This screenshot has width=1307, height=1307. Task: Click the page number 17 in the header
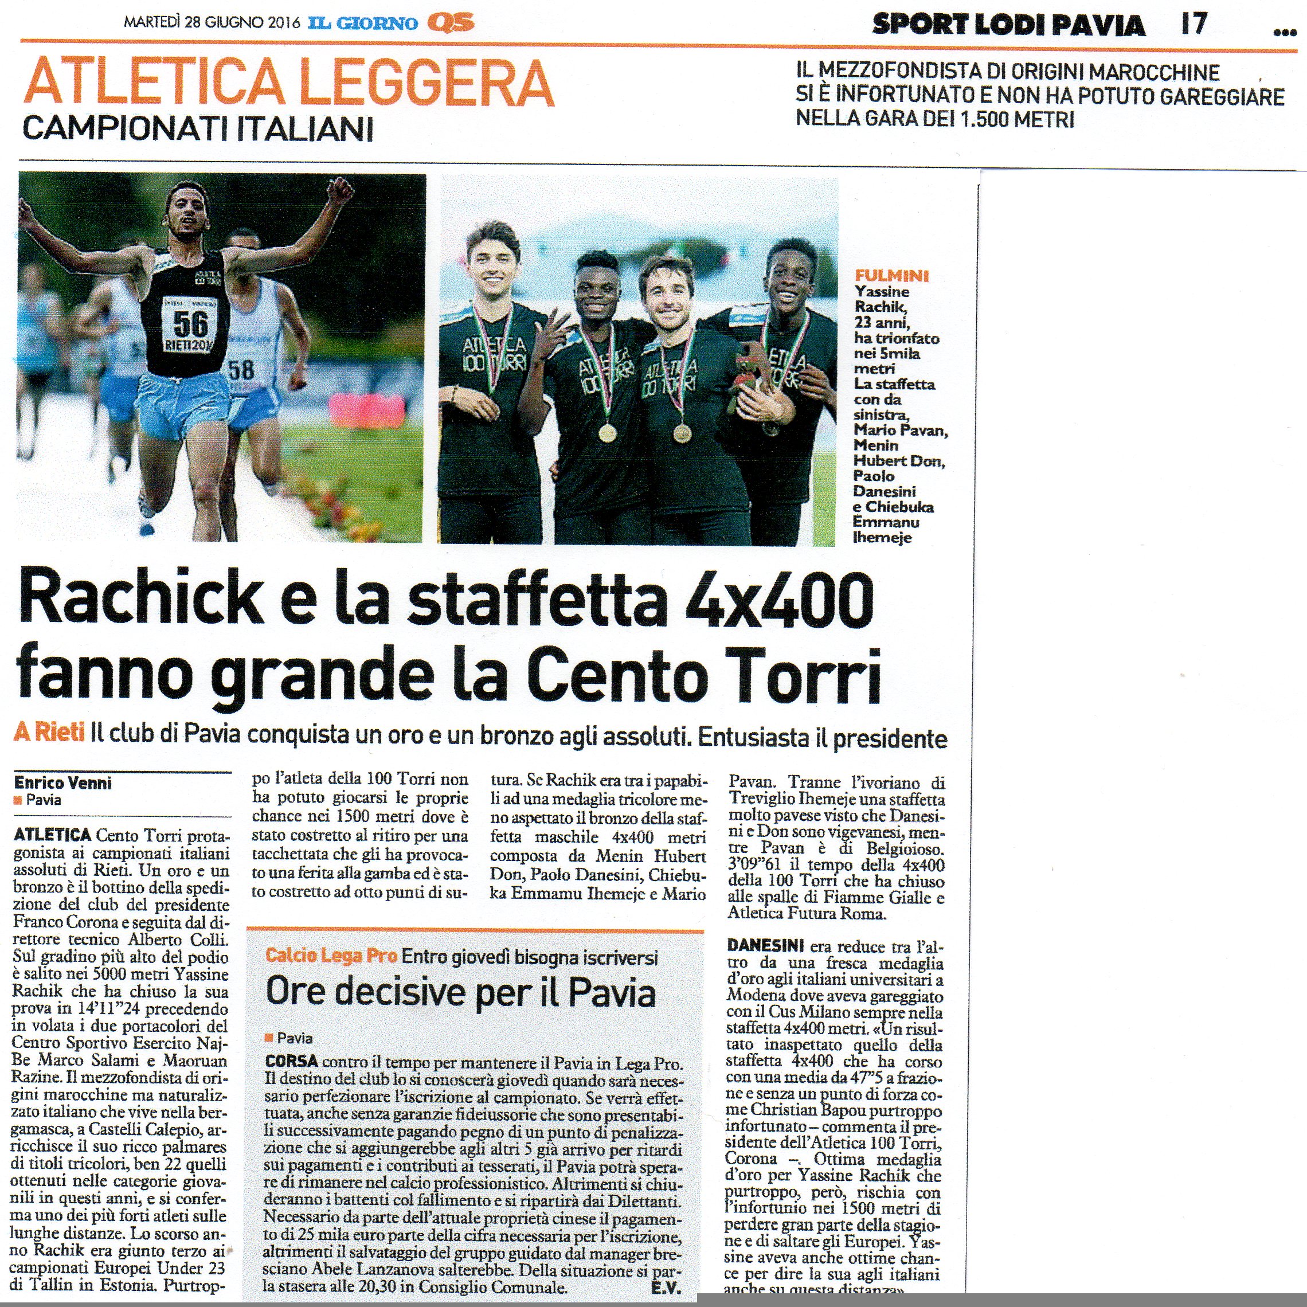click(x=1193, y=24)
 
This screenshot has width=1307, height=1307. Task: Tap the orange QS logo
click(x=451, y=23)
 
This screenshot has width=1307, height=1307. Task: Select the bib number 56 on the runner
click(x=190, y=323)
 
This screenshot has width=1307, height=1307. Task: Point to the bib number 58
click(x=241, y=369)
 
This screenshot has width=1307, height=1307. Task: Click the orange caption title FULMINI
click(x=891, y=275)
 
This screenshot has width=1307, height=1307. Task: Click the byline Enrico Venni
click(x=63, y=782)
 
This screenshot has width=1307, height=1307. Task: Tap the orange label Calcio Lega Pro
click(x=331, y=955)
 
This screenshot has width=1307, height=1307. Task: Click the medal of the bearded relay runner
click(x=680, y=432)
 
